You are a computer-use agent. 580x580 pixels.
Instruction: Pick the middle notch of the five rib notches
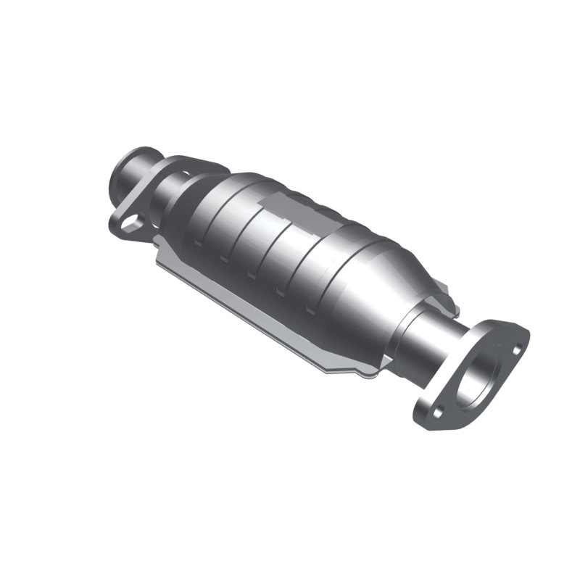[x=251, y=275]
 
